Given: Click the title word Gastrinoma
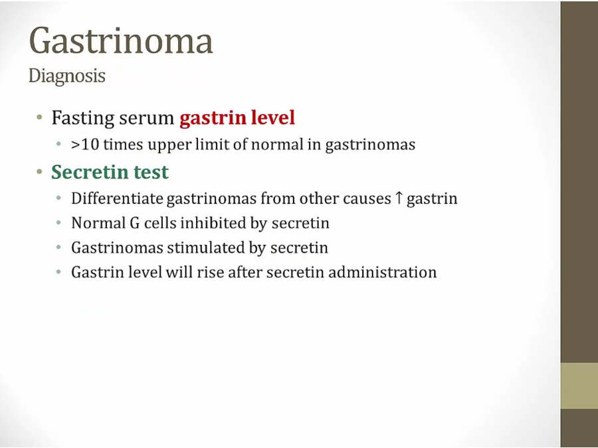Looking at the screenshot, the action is [x=120, y=40].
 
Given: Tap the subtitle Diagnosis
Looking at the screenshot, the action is [x=66, y=76].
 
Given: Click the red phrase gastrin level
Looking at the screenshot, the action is [x=237, y=117].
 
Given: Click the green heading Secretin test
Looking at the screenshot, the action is [x=110, y=172].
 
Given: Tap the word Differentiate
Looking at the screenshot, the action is [x=117, y=198].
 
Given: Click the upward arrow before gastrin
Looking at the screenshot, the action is [x=399, y=198].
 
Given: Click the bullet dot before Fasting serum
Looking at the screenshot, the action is [x=39, y=117].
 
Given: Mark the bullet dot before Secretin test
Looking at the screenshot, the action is [x=39, y=172].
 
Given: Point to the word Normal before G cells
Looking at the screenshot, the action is [x=98, y=223].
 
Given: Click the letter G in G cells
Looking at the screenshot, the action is [x=135, y=223].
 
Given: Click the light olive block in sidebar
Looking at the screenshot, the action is [x=579, y=386].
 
